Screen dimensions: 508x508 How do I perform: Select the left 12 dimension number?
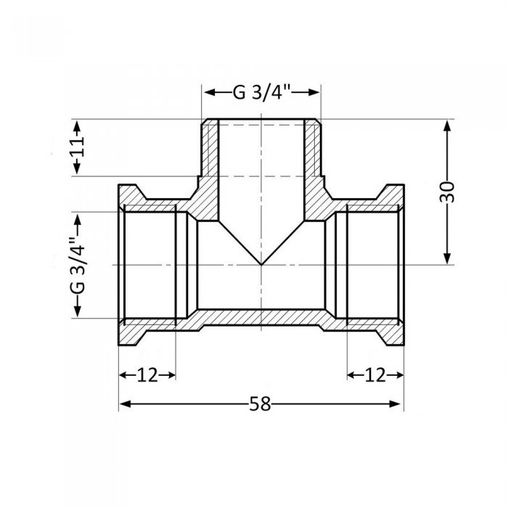point(147,374)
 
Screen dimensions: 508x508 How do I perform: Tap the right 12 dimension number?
point(375,374)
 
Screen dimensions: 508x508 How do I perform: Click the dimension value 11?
point(79,147)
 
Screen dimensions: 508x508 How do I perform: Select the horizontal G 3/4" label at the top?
point(261,93)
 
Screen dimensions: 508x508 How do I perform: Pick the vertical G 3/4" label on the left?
point(76,264)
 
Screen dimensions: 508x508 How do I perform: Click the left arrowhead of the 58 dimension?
point(124,404)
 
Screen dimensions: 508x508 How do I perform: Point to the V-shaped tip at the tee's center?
point(261,263)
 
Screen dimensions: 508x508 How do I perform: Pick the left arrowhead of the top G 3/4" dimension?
point(208,93)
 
